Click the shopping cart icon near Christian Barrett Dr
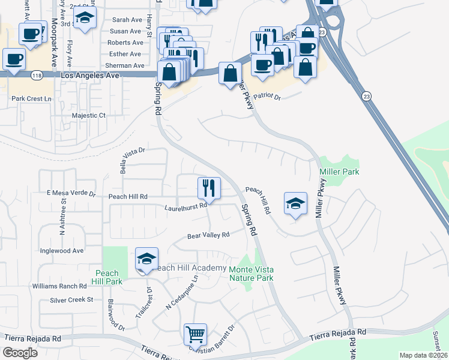[x=195, y=334]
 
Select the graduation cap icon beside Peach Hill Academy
[x=146, y=259]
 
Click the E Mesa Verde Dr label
[x=71, y=194]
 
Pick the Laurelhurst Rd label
[x=185, y=207]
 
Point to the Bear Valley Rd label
[x=209, y=236]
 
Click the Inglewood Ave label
[x=61, y=251]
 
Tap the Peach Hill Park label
[x=108, y=277]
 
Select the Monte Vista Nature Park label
[x=251, y=274]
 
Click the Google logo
[x=20, y=352]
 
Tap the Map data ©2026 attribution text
[x=423, y=355]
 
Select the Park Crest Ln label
[x=32, y=98]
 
